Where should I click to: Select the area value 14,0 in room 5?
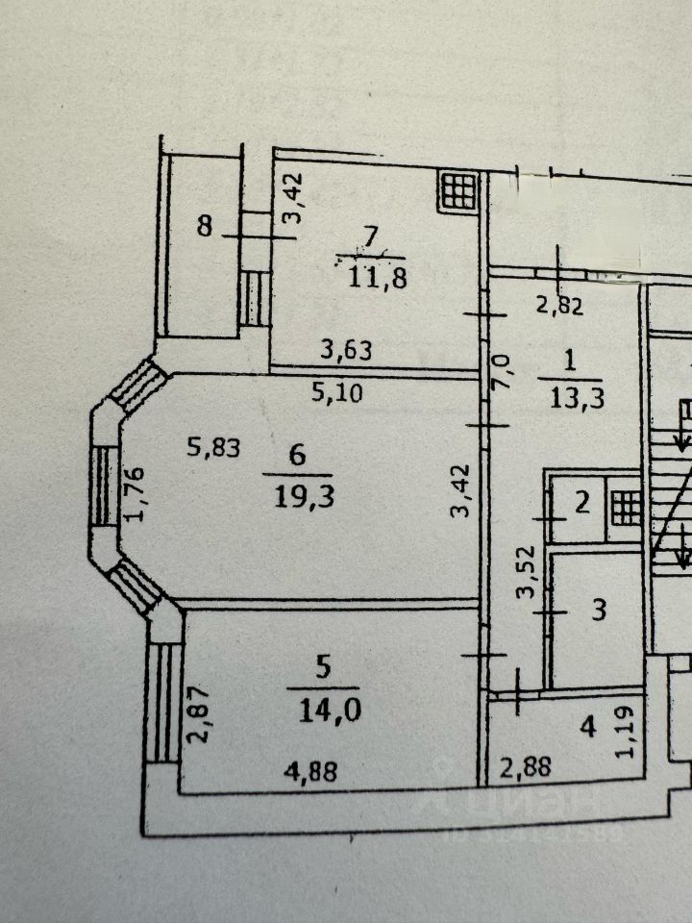[323, 710]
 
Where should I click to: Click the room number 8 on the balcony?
[204, 227]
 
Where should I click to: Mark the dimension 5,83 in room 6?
[212, 446]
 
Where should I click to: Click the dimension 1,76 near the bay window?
[135, 495]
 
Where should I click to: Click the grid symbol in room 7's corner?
[458, 191]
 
